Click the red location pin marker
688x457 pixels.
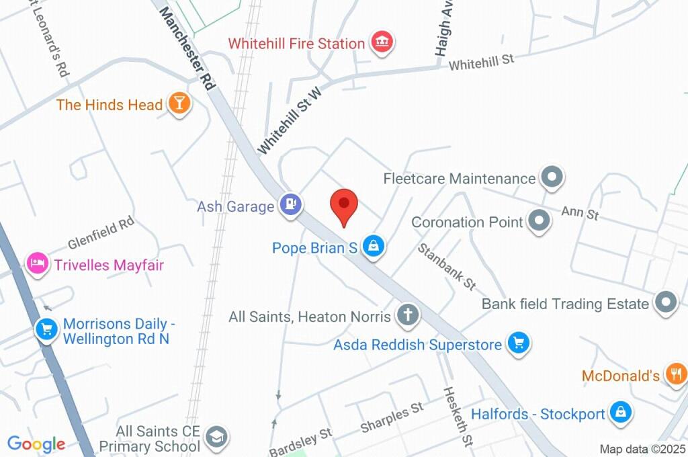pos(345,204)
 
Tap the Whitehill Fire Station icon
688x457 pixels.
pos(382,42)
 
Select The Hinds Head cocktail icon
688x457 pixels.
pos(179,103)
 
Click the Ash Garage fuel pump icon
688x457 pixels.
pos(291,204)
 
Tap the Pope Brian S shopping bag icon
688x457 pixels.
pos(373,247)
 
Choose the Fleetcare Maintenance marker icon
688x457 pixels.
pos(552,178)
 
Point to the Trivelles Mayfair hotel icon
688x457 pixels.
pos(36,263)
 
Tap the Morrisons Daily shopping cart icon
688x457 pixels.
pos(46,330)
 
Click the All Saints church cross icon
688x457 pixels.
pos(406,315)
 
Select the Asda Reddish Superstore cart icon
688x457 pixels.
pos(518,343)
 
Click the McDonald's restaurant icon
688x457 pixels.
pos(675,374)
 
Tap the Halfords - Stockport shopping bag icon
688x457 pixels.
pos(620,413)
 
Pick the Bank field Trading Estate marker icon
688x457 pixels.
pos(666,302)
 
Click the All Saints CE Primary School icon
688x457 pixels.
pos(216,437)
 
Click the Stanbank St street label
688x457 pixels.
pos(447,267)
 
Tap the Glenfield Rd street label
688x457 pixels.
pos(101,233)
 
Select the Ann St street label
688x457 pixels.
pos(580,213)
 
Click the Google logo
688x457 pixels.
pos(36,444)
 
